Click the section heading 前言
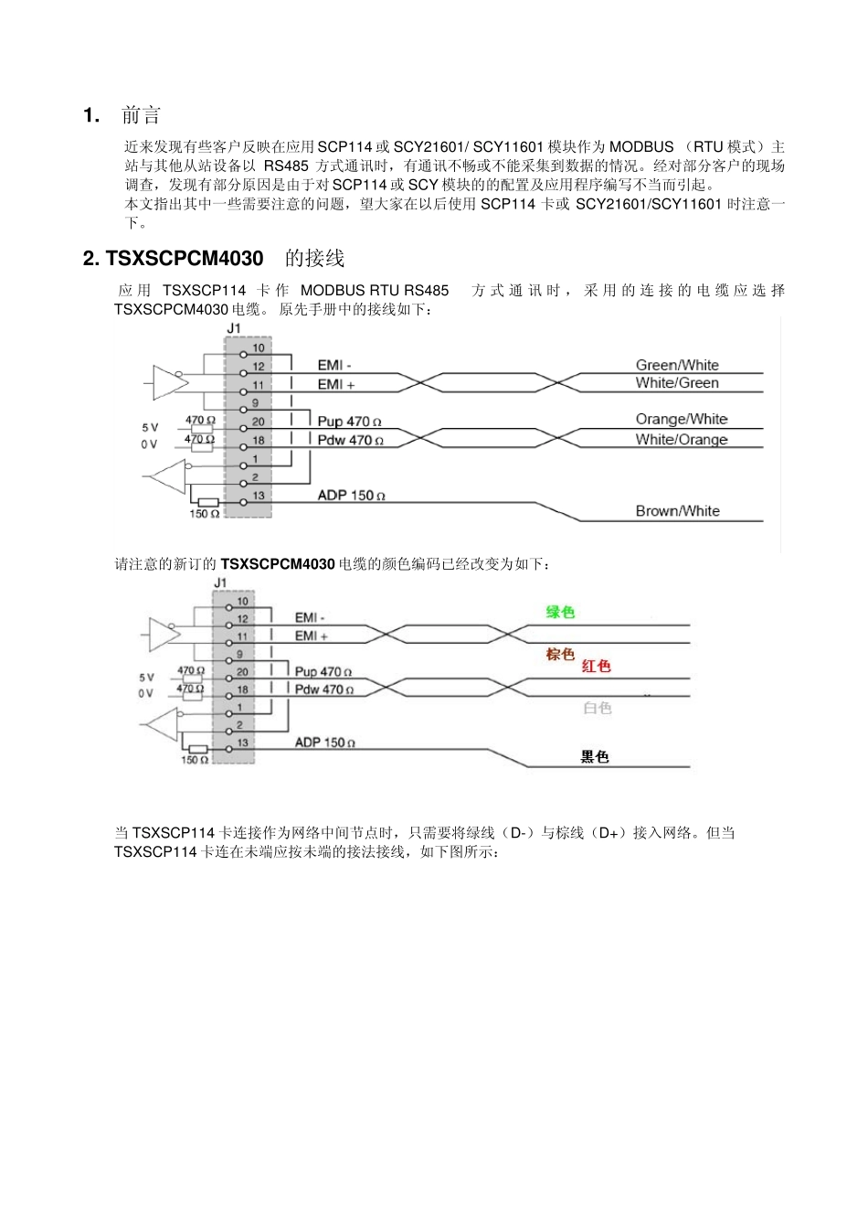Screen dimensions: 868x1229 [141, 115]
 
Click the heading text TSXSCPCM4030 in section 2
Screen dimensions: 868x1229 [185, 259]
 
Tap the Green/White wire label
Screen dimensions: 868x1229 [677, 365]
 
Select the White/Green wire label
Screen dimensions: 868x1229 [677, 383]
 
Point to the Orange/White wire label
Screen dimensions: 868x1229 [682, 420]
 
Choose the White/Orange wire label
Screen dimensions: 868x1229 [682, 439]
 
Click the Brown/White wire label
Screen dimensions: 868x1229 [677, 511]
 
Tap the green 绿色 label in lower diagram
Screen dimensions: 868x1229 [560, 612]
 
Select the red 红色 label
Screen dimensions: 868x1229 [596, 666]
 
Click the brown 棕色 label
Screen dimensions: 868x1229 [560, 654]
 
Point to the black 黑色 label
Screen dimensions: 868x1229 [595, 756]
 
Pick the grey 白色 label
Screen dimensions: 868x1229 [597, 708]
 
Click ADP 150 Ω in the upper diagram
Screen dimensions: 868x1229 [351, 496]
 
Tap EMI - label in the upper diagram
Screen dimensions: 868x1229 [334, 366]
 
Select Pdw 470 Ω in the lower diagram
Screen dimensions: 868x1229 [323, 689]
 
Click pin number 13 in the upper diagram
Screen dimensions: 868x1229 [259, 496]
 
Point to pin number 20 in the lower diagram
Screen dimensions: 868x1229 [242, 672]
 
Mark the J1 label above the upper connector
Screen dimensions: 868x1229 [233, 327]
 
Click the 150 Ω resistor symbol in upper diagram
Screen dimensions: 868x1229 [208, 502]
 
